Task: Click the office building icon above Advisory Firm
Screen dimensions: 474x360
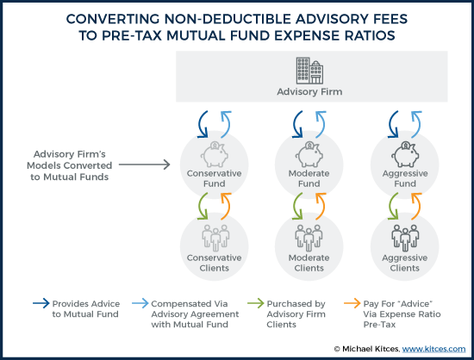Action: coord(309,71)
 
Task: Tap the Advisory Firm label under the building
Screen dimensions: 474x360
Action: coord(309,91)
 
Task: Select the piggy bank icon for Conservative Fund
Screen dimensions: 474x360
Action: coord(215,154)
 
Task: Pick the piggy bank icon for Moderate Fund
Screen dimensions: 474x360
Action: coord(309,154)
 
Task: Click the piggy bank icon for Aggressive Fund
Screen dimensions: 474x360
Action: coord(405,154)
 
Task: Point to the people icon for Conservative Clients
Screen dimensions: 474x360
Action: coord(215,238)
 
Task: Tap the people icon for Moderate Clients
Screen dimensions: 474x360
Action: coord(309,238)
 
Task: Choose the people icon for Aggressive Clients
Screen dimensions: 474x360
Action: coord(405,238)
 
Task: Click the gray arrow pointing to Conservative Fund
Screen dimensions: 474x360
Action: coord(145,164)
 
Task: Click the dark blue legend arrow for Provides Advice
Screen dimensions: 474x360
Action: coord(41,303)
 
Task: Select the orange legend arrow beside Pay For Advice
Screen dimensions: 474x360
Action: coord(352,303)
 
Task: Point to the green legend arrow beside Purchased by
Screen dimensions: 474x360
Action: coord(256,303)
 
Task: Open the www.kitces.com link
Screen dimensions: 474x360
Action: coord(433,349)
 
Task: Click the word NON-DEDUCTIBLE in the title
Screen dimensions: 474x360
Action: coord(228,19)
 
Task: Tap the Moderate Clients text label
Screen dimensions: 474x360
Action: coord(309,263)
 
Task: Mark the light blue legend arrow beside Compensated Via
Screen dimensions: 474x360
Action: coord(140,303)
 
